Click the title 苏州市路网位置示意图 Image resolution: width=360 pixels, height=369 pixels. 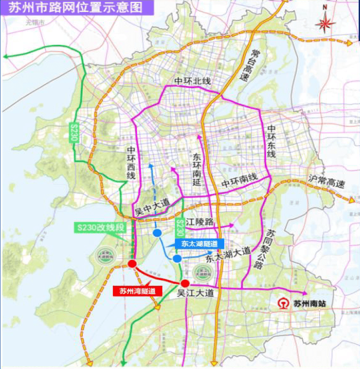tap(72, 8)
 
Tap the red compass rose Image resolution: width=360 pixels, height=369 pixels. tap(325, 23)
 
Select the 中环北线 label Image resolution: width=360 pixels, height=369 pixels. tap(192, 81)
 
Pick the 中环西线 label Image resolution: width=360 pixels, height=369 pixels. tap(131, 163)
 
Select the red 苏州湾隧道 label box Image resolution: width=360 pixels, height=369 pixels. tap(137, 291)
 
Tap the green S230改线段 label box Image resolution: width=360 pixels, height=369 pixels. tap(102, 226)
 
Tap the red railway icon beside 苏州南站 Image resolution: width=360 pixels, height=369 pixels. tap(284, 304)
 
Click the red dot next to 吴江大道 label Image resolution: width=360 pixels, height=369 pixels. tap(185, 283)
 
